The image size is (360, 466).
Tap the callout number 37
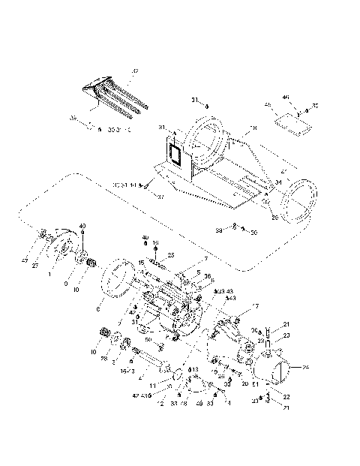[x=160, y=197]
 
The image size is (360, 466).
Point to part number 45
[x=268, y=106]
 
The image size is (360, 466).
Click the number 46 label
[x=286, y=98]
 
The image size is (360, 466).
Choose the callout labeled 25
[x=170, y=255]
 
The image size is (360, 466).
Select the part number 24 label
[x=305, y=368]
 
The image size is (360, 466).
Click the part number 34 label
[x=278, y=182]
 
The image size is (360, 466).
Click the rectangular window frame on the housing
[x=174, y=155]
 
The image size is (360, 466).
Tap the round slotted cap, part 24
[x=281, y=369]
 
